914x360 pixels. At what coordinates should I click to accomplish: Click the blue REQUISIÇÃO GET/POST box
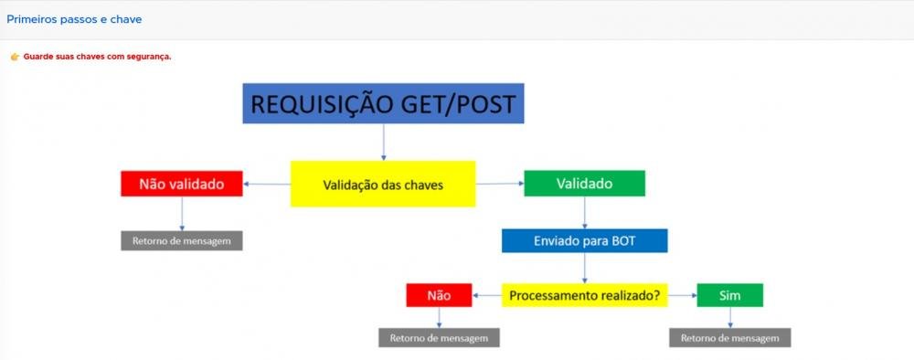coord(383,103)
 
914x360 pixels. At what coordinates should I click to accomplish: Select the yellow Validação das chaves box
coord(383,184)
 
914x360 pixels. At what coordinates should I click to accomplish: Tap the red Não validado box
coord(182,184)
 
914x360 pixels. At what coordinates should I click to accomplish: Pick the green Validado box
coord(584,184)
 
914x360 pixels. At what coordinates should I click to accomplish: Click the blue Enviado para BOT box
coord(584,240)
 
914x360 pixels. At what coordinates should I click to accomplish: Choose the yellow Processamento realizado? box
coord(585,295)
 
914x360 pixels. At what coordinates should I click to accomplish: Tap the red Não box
coord(439,295)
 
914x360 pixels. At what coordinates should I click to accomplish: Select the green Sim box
coord(729,295)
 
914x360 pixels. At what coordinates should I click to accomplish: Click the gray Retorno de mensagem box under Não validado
coord(182,240)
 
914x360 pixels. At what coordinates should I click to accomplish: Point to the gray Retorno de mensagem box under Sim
coord(729,337)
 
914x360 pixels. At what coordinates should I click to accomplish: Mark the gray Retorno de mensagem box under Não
coord(440,337)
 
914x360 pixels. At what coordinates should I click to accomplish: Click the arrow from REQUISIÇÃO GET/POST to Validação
coord(383,142)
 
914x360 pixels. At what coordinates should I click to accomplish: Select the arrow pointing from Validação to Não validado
coord(268,184)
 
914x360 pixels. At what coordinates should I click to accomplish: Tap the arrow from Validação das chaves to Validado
coord(499,184)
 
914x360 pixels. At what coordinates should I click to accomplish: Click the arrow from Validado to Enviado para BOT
coord(585,212)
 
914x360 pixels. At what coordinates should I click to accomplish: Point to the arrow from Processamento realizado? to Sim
coord(682,295)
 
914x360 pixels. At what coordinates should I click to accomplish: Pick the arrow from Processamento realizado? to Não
coord(487,295)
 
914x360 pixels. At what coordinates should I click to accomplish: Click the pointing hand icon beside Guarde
coord(15,57)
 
